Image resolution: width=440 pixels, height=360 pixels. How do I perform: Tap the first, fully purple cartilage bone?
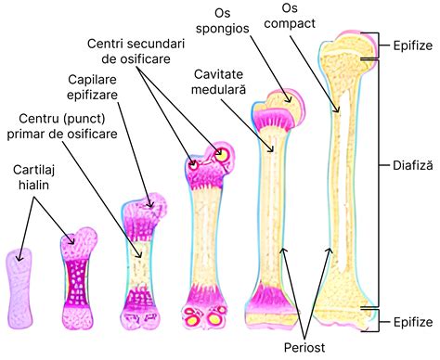click(x=19, y=283)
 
